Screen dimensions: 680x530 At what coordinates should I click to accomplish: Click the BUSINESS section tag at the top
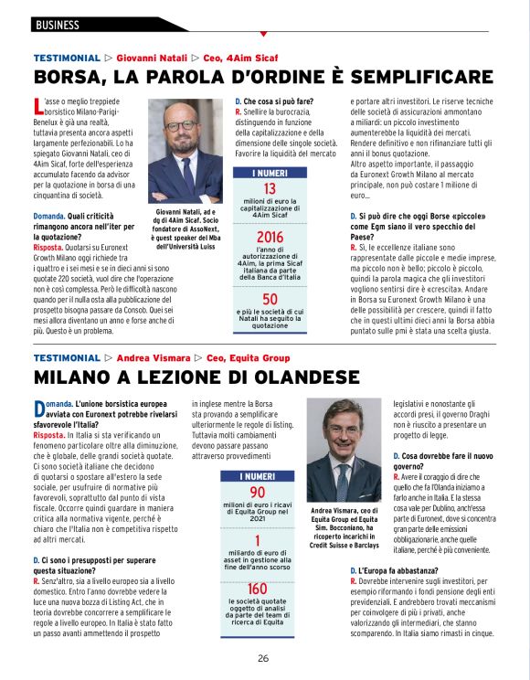coord(57,25)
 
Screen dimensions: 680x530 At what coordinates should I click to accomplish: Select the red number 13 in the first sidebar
coord(270,189)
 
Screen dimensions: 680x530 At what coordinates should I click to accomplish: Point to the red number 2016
coord(270,238)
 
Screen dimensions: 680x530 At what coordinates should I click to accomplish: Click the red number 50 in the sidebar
coord(270,300)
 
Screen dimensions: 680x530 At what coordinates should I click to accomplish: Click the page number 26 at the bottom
coord(263,658)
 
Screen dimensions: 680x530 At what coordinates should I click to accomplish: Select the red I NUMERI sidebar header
coord(270,172)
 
